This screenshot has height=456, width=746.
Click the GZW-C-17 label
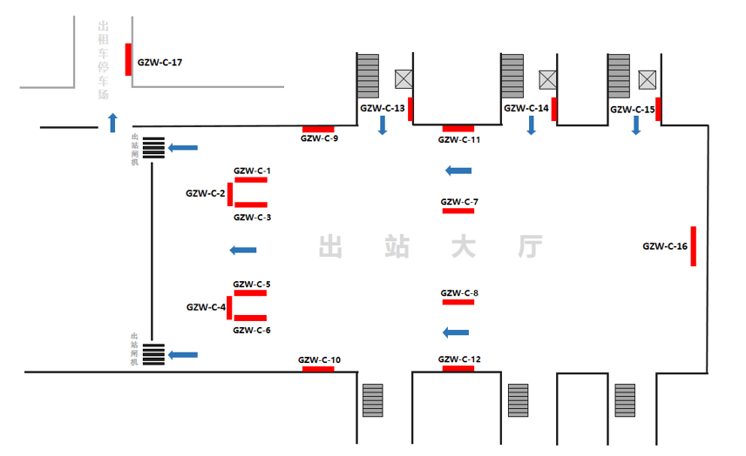click(x=159, y=63)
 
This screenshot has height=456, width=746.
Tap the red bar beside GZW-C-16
click(x=694, y=246)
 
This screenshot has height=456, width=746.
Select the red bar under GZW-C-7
click(x=458, y=211)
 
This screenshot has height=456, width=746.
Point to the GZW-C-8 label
click(x=459, y=293)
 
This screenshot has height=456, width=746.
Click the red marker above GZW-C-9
click(x=318, y=129)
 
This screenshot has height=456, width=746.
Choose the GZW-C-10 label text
click(x=319, y=360)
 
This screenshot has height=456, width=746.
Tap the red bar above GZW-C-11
click(x=458, y=129)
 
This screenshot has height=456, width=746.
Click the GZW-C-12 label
click(x=459, y=359)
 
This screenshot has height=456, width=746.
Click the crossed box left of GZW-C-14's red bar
click(x=546, y=79)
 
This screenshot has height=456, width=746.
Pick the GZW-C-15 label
click(x=632, y=110)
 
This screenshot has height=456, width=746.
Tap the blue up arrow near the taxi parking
click(x=112, y=122)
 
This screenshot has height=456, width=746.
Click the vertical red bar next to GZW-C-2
click(x=230, y=194)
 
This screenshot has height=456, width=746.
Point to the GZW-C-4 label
click(x=206, y=307)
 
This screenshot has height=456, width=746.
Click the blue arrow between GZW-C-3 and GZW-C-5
click(x=243, y=251)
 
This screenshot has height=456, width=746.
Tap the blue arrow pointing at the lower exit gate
click(x=182, y=354)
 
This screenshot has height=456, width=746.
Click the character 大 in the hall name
click(x=462, y=246)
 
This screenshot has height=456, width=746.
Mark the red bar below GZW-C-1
click(x=251, y=180)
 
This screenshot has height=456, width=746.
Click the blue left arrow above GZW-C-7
click(x=458, y=171)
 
